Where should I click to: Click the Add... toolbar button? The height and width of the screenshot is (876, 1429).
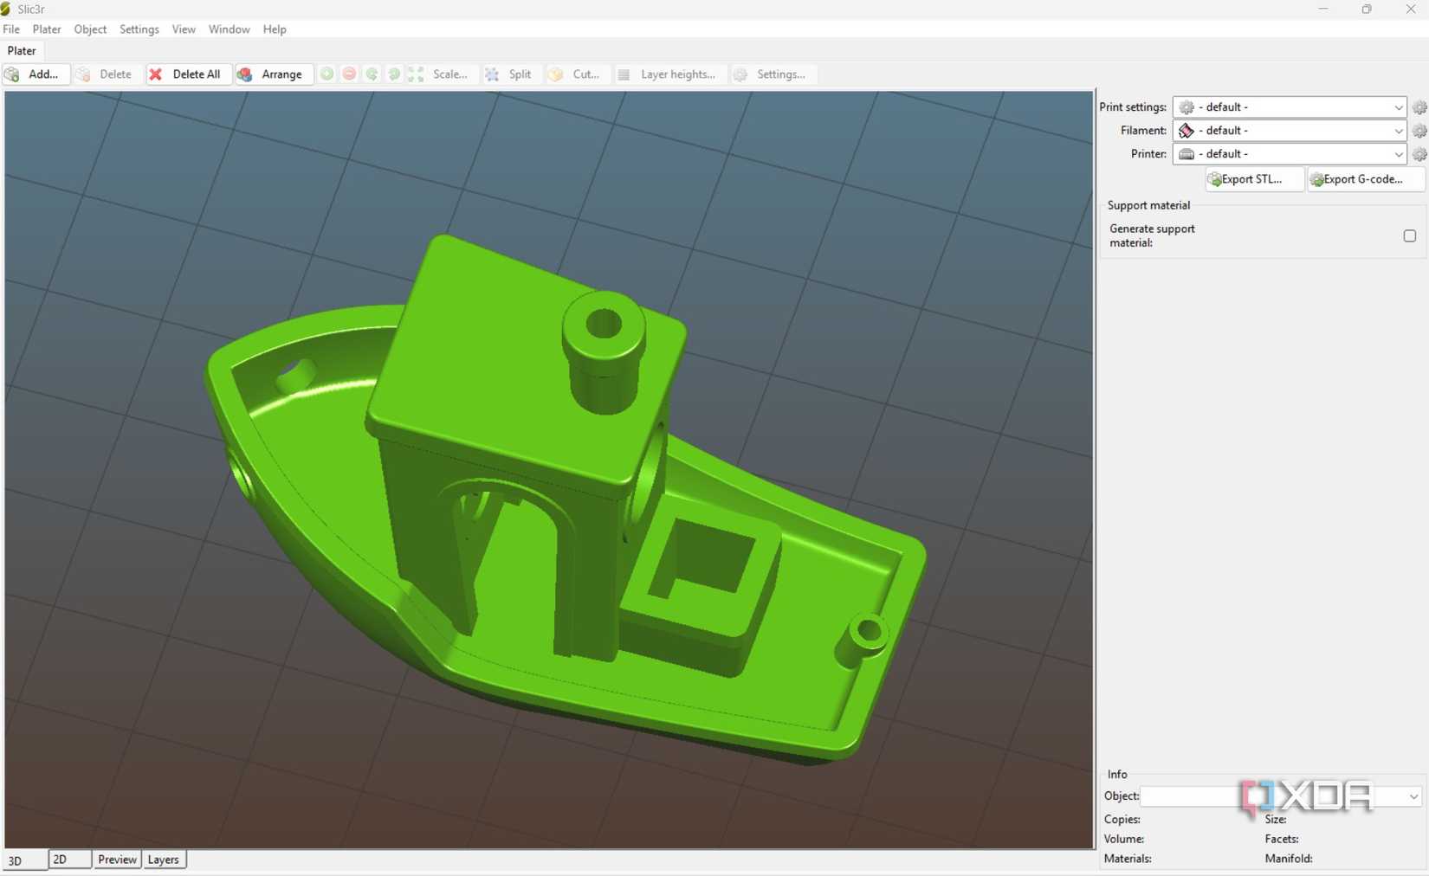(x=33, y=74)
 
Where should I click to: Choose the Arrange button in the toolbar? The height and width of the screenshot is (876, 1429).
(x=271, y=74)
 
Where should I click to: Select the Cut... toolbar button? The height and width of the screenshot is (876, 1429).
(x=575, y=74)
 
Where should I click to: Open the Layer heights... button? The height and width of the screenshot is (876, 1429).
(x=667, y=74)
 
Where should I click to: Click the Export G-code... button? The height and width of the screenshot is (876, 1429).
(x=1363, y=179)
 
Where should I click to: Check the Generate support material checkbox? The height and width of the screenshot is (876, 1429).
(x=1409, y=235)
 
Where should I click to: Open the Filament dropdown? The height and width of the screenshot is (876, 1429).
(x=1289, y=131)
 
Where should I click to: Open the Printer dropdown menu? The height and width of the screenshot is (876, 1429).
(x=1289, y=154)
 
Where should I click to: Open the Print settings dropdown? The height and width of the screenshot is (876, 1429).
(x=1289, y=107)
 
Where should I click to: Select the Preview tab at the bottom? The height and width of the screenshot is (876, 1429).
(x=117, y=860)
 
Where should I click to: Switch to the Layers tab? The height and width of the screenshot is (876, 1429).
(x=163, y=860)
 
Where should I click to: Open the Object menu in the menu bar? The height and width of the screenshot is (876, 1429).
(x=90, y=29)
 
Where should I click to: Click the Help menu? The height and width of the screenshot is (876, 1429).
(x=275, y=29)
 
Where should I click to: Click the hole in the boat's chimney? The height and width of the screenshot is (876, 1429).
(x=604, y=325)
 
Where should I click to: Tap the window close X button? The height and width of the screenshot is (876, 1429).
(x=1410, y=10)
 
